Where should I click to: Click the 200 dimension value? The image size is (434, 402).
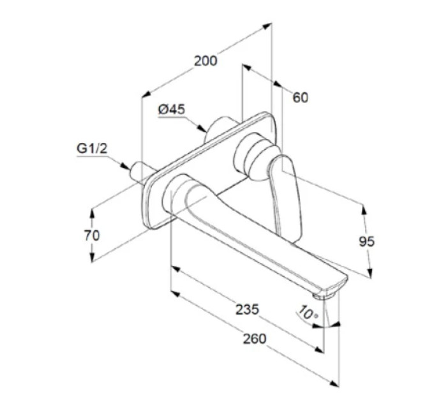click(206, 61)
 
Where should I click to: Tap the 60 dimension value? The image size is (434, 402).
click(301, 98)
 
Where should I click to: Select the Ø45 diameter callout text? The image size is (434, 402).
click(172, 110)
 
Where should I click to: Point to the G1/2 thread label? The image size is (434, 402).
click(92, 149)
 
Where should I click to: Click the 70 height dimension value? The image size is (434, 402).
click(92, 235)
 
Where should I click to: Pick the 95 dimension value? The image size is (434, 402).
click(367, 242)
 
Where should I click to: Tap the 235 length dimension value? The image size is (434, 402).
click(247, 309)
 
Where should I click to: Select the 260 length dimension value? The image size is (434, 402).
click(255, 339)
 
